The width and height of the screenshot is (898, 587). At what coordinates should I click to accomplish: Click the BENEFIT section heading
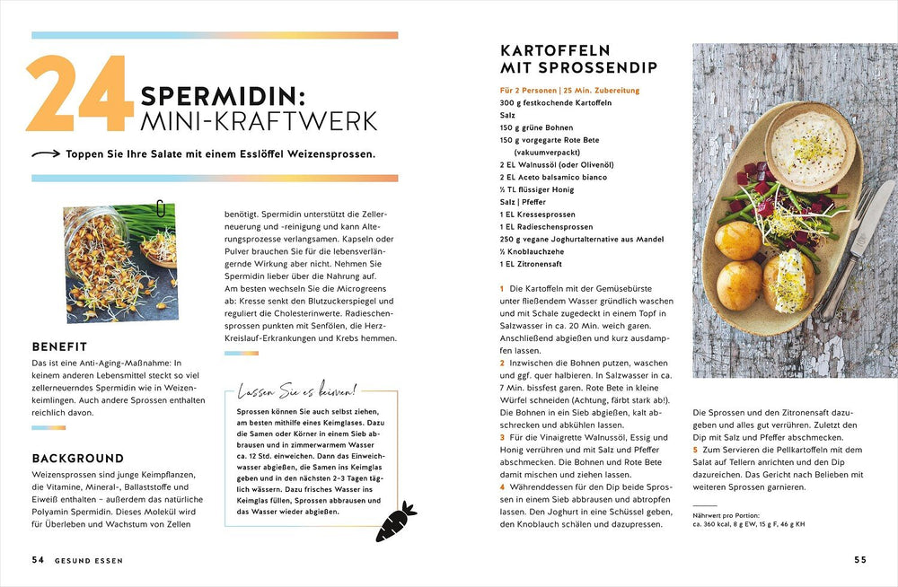59,346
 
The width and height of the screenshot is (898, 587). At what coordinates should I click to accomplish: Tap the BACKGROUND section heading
77,458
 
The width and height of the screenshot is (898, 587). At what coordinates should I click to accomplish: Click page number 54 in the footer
39,560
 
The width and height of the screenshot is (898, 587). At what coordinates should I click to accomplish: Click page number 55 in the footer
860,560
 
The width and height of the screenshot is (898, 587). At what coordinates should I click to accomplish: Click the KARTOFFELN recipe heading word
555,50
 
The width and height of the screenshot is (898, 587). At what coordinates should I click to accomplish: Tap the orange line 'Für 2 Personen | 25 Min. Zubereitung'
569,91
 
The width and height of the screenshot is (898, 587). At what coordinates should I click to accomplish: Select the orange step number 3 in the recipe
503,436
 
